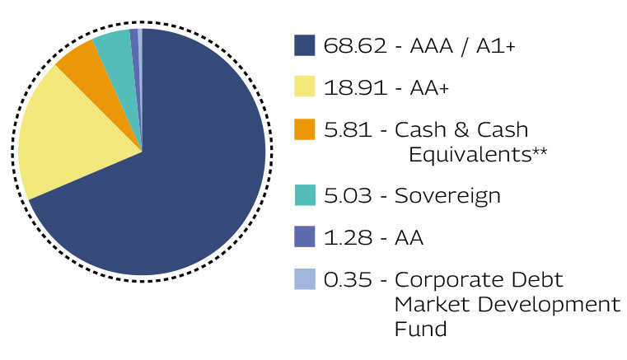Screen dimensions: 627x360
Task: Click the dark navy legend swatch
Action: [x=304, y=45]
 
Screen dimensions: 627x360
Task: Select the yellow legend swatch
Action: [x=304, y=86]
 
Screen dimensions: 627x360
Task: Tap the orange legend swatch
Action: [x=304, y=129]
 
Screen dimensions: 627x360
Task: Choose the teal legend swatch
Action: [x=305, y=195]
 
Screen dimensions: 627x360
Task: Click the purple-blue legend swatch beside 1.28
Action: [x=304, y=236]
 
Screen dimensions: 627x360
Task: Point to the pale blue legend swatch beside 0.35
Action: [x=304, y=278]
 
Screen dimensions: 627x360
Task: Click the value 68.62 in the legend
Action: [x=355, y=45]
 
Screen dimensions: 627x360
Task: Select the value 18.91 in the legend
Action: [x=355, y=87]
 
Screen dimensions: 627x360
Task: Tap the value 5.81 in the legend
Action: [x=348, y=129]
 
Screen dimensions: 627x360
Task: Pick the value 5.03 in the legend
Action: [x=348, y=195]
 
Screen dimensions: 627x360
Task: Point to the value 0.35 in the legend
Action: [x=348, y=279]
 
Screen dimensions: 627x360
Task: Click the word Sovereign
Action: [x=447, y=196]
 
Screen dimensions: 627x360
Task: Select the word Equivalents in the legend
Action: [x=470, y=155]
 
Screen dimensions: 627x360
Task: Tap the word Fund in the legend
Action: [x=421, y=329]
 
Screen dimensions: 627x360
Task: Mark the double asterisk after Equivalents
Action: [x=540, y=152]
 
